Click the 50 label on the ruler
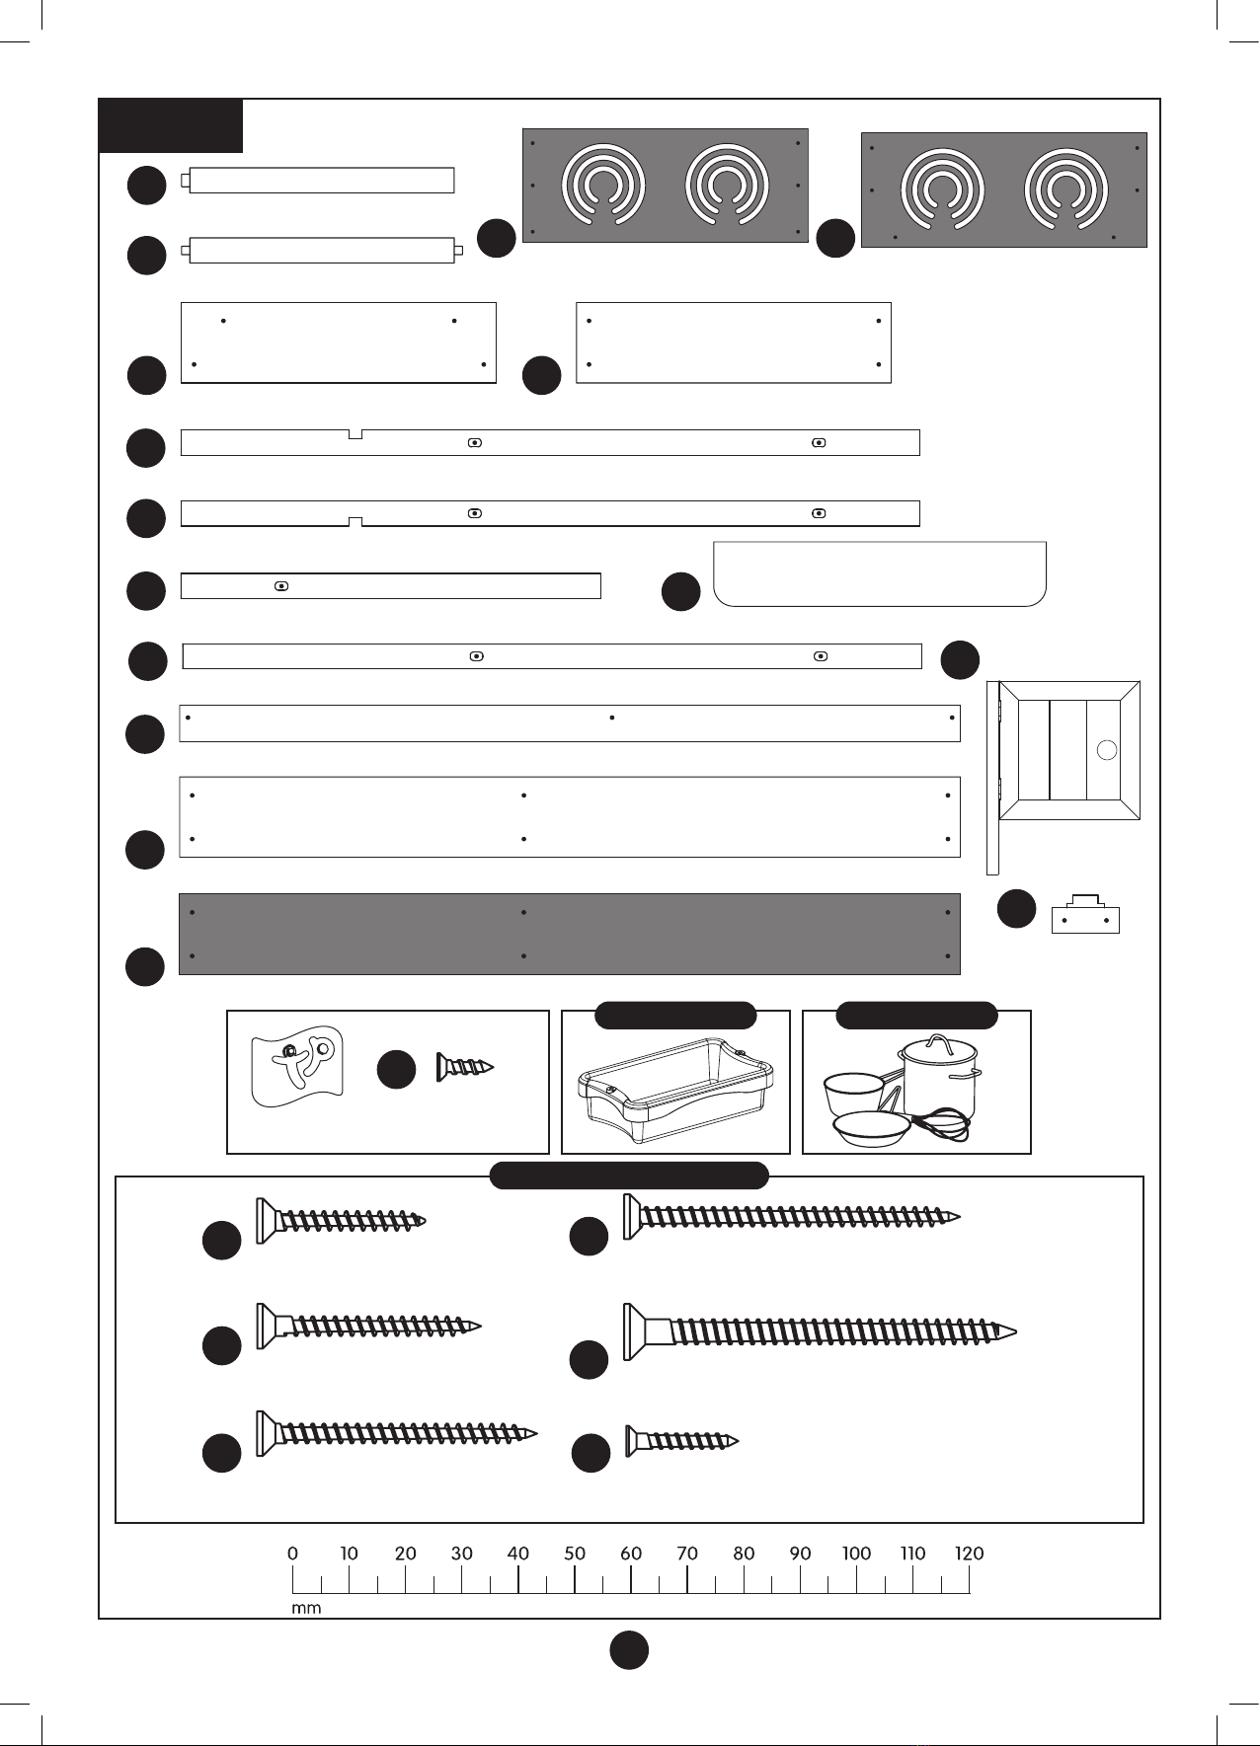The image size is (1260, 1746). (x=575, y=1553)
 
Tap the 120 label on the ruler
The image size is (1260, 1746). (x=969, y=1553)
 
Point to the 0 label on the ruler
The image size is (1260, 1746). (x=292, y=1553)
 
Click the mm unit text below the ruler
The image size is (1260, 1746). (x=306, y=1608)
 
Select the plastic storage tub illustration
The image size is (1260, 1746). (x=675, y=1091)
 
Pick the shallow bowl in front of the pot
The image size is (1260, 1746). (x=872, y=1128)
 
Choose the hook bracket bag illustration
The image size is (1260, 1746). (x=297, y=1066)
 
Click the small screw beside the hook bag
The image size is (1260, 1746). (x=464, y=1067)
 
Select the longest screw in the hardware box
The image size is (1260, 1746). (x=820, y=1330)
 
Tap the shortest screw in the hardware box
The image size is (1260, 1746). (x=681, y=1441)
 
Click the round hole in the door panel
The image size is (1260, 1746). (x=1107, y=750)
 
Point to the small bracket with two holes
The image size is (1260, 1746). (x=1085, y=916)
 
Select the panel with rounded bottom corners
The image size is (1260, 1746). (x=879, y=573)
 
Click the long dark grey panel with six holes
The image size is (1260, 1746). (x=569, y=934)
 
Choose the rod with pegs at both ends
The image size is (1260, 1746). (x=322, y=251)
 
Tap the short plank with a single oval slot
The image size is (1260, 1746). (x=391, y=586)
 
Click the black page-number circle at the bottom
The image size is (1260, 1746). (x=629, y=1649)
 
